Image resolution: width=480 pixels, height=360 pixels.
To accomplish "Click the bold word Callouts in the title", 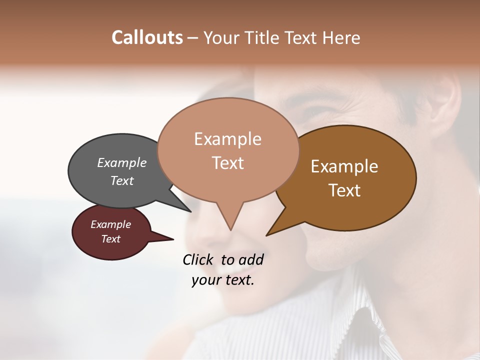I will (x=147, y=37).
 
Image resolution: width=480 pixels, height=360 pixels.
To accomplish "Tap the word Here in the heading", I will (x=342, y=38).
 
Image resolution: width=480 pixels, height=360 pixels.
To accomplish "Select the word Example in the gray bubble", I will (x=121, y=162).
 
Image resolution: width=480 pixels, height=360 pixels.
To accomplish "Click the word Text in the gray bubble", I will (x=121, y=180).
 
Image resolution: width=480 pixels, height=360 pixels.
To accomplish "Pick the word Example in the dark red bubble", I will (x=110, y=224).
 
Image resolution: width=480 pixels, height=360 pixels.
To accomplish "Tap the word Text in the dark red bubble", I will (x=110, y=239).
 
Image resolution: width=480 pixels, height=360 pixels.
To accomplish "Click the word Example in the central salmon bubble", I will (x=227, y=139).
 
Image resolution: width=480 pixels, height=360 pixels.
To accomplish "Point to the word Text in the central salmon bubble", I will (x=227, y=163).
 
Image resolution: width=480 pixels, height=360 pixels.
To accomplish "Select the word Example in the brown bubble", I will (x=344, y=166).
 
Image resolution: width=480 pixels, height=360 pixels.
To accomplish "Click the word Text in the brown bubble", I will (x=344, y=190).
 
